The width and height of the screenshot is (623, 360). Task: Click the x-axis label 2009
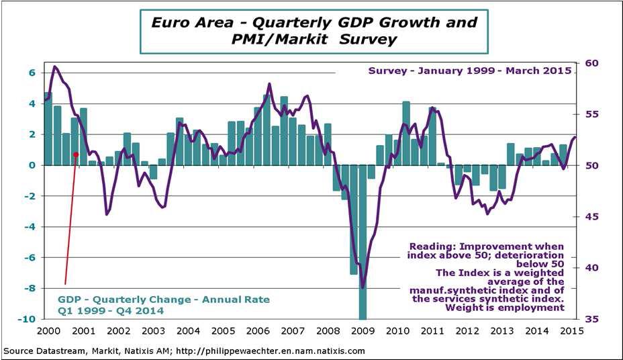coord(363,330)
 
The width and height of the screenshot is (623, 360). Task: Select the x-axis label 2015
coord(571,330)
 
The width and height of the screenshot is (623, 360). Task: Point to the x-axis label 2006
coord(258,330)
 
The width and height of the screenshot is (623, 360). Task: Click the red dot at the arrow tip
coord(76,154)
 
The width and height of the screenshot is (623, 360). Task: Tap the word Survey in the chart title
coord(365,40)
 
